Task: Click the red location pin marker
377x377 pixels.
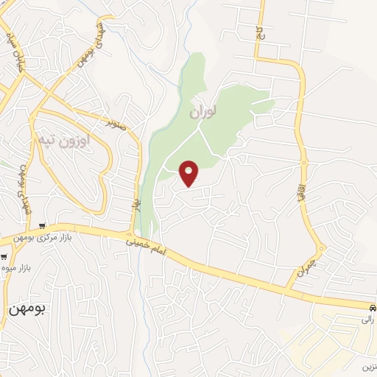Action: [189, 173]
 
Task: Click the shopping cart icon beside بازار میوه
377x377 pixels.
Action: [4, 258]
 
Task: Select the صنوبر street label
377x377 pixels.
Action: [115, 126]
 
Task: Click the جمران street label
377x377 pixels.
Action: [306, 270]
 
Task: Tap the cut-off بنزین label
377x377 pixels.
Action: [368, 367]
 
